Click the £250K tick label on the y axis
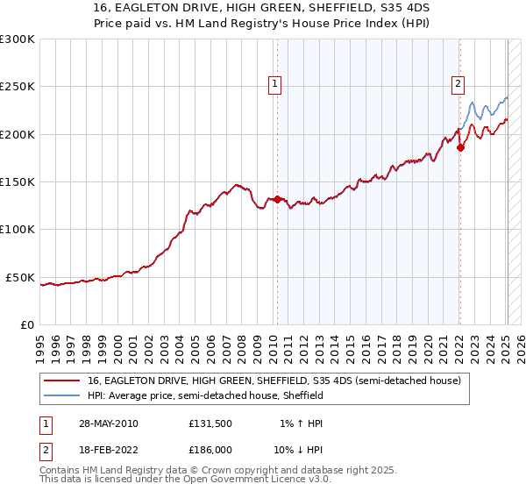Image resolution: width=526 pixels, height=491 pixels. pyautogui.click(x=18, y=87)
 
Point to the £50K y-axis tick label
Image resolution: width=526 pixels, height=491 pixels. pyautogui.click(x=20, y=277)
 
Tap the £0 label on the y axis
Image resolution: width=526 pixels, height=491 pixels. pyautogui.click(x=27, y=324)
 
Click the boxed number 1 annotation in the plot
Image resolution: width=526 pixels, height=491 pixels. pyautogui.click(x=275, y=84)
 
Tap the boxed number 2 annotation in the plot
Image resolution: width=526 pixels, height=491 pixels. pyautogui.click(x=458, y=84)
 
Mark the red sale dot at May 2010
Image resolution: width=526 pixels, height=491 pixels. pyautogui.click(x=278, y=199)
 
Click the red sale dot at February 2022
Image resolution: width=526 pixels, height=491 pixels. pyautogui.click(x=460, y=147)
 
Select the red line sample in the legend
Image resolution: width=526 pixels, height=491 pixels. pyautogui.click(x=64, y=381)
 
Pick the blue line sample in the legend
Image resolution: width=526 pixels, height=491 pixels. pyautogui.click(x=64, y=395)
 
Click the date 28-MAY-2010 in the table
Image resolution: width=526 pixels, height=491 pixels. pyautogui.click(x=108, y=423)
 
